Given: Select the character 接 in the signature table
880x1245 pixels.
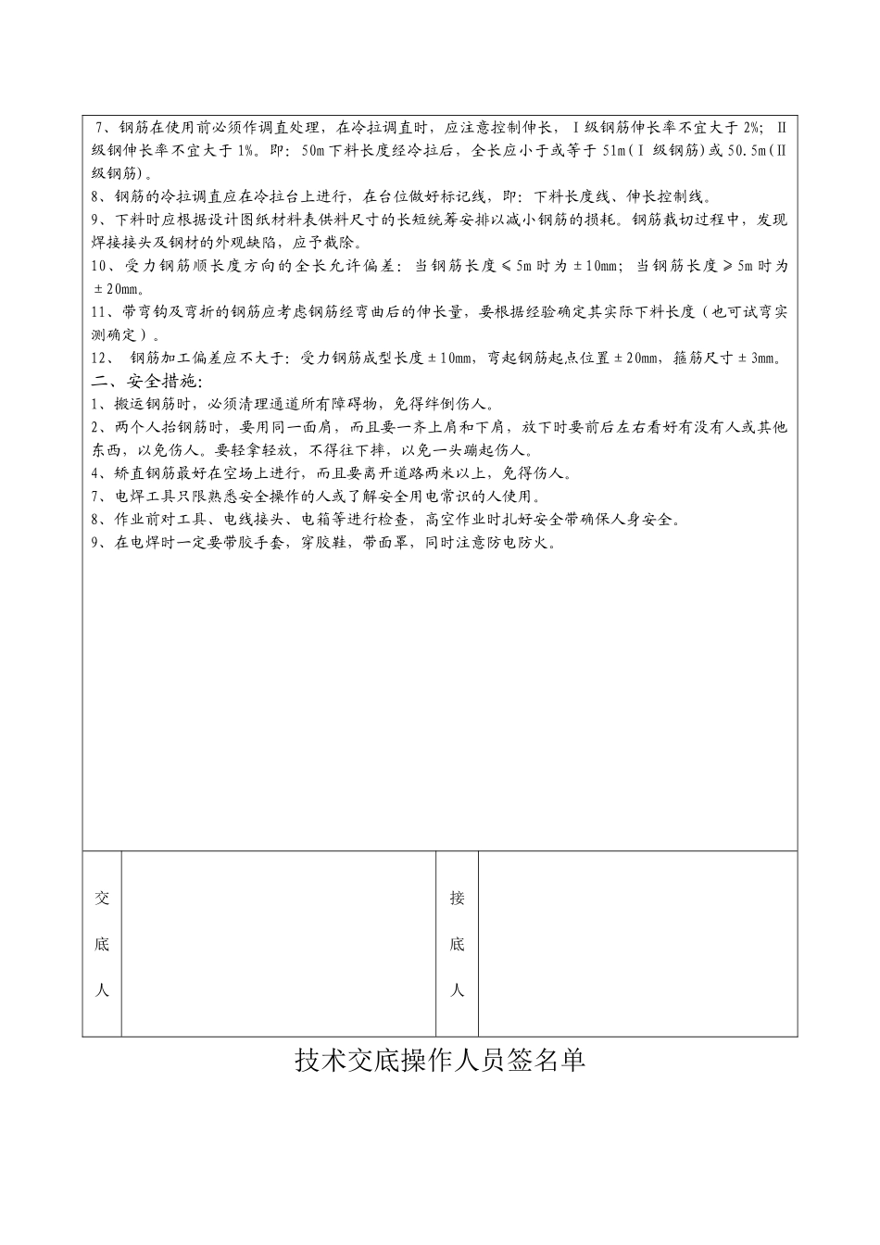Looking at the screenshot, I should pos(457,898).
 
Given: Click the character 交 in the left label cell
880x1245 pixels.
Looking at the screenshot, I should pos(102,898).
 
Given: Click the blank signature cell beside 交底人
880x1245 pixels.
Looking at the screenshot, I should pos(278,943).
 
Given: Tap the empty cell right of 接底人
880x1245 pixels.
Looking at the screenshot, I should pos(637,943).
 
